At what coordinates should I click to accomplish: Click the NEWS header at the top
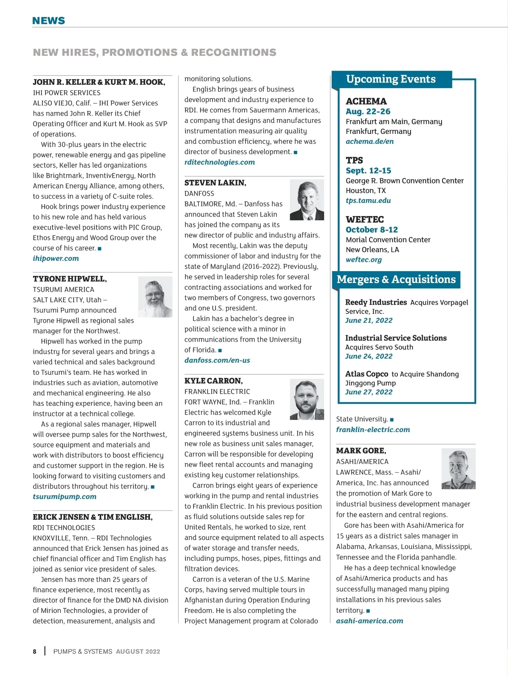[49, 21]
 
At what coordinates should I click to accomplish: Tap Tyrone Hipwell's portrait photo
[155, 297]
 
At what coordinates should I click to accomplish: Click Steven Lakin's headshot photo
[307, 200]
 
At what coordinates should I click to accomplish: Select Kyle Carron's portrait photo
[307, 399]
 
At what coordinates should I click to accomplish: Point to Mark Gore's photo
[458, 469]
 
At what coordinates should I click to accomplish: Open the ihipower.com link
[56, 258]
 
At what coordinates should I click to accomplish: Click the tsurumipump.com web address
[65, 497]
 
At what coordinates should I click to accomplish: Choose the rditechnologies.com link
[220, 162]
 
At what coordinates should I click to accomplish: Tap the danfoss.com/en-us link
[217, 361]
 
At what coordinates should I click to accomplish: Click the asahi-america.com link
[370, 621]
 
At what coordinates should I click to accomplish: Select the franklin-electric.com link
[373, 430]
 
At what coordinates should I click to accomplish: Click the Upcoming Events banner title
[391, 79]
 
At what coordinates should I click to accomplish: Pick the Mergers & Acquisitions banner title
[396, 280]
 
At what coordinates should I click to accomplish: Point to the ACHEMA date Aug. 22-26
[368, 111]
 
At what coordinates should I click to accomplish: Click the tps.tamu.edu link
[368, 200]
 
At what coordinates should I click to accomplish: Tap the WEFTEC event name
[365, 219]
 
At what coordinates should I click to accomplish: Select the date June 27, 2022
[369, 392]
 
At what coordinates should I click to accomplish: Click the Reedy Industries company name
[376, 302]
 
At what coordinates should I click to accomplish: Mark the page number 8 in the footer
[35, 652]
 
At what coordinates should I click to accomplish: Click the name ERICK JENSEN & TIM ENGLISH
[93, 517]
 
